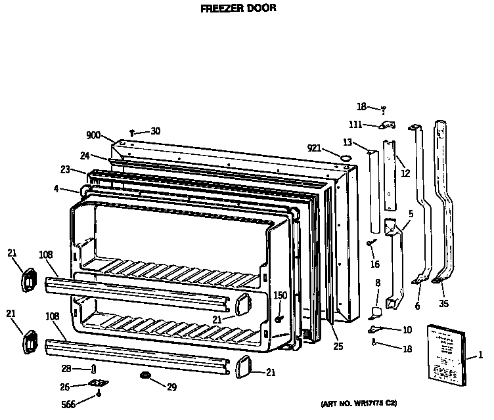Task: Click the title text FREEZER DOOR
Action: tap(237, 9)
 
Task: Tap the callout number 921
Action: tap(315, 148)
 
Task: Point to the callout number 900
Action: tap(93, 136)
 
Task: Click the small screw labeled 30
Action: tap(132, 133)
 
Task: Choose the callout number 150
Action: tap(280, 295)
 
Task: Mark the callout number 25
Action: tap(338, 346)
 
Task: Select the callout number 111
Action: tap(355, 125)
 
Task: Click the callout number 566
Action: tap(67, 405)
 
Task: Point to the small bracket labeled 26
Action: tap(100, 383)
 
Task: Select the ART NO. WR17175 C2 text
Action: tap(359, 402)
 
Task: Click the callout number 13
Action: tap(348, 142)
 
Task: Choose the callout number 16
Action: tap(374, 264)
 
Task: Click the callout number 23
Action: tap(65, 169)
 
